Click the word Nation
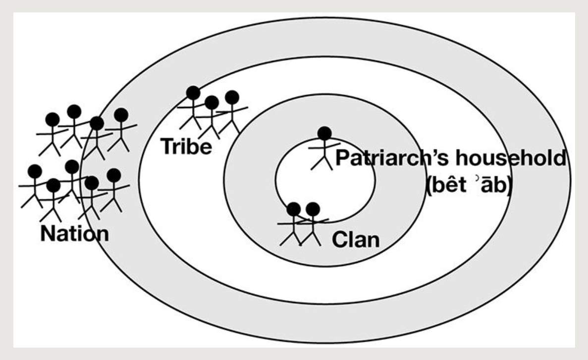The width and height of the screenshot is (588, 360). (x=75, y=233)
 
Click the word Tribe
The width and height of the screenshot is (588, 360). (x=186, y=147)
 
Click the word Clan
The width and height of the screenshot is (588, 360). (x=355, y=240)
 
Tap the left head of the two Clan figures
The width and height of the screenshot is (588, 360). (x=294, y=209)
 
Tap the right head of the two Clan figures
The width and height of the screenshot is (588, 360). (x=313, y=209)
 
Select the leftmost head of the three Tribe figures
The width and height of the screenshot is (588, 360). (x=193, y=93)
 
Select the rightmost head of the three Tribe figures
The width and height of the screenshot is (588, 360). (x=231, y=97)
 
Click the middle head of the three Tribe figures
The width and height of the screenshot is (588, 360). (x=212, y=103)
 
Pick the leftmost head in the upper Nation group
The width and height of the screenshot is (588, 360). (x=52, y=119)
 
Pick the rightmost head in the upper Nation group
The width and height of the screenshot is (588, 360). (x=121, y=115)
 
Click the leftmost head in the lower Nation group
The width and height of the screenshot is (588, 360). (x=35, y=171)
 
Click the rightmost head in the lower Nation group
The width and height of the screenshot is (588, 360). (x=114, y=175)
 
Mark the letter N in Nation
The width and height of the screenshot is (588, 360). (x=48, y=233)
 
